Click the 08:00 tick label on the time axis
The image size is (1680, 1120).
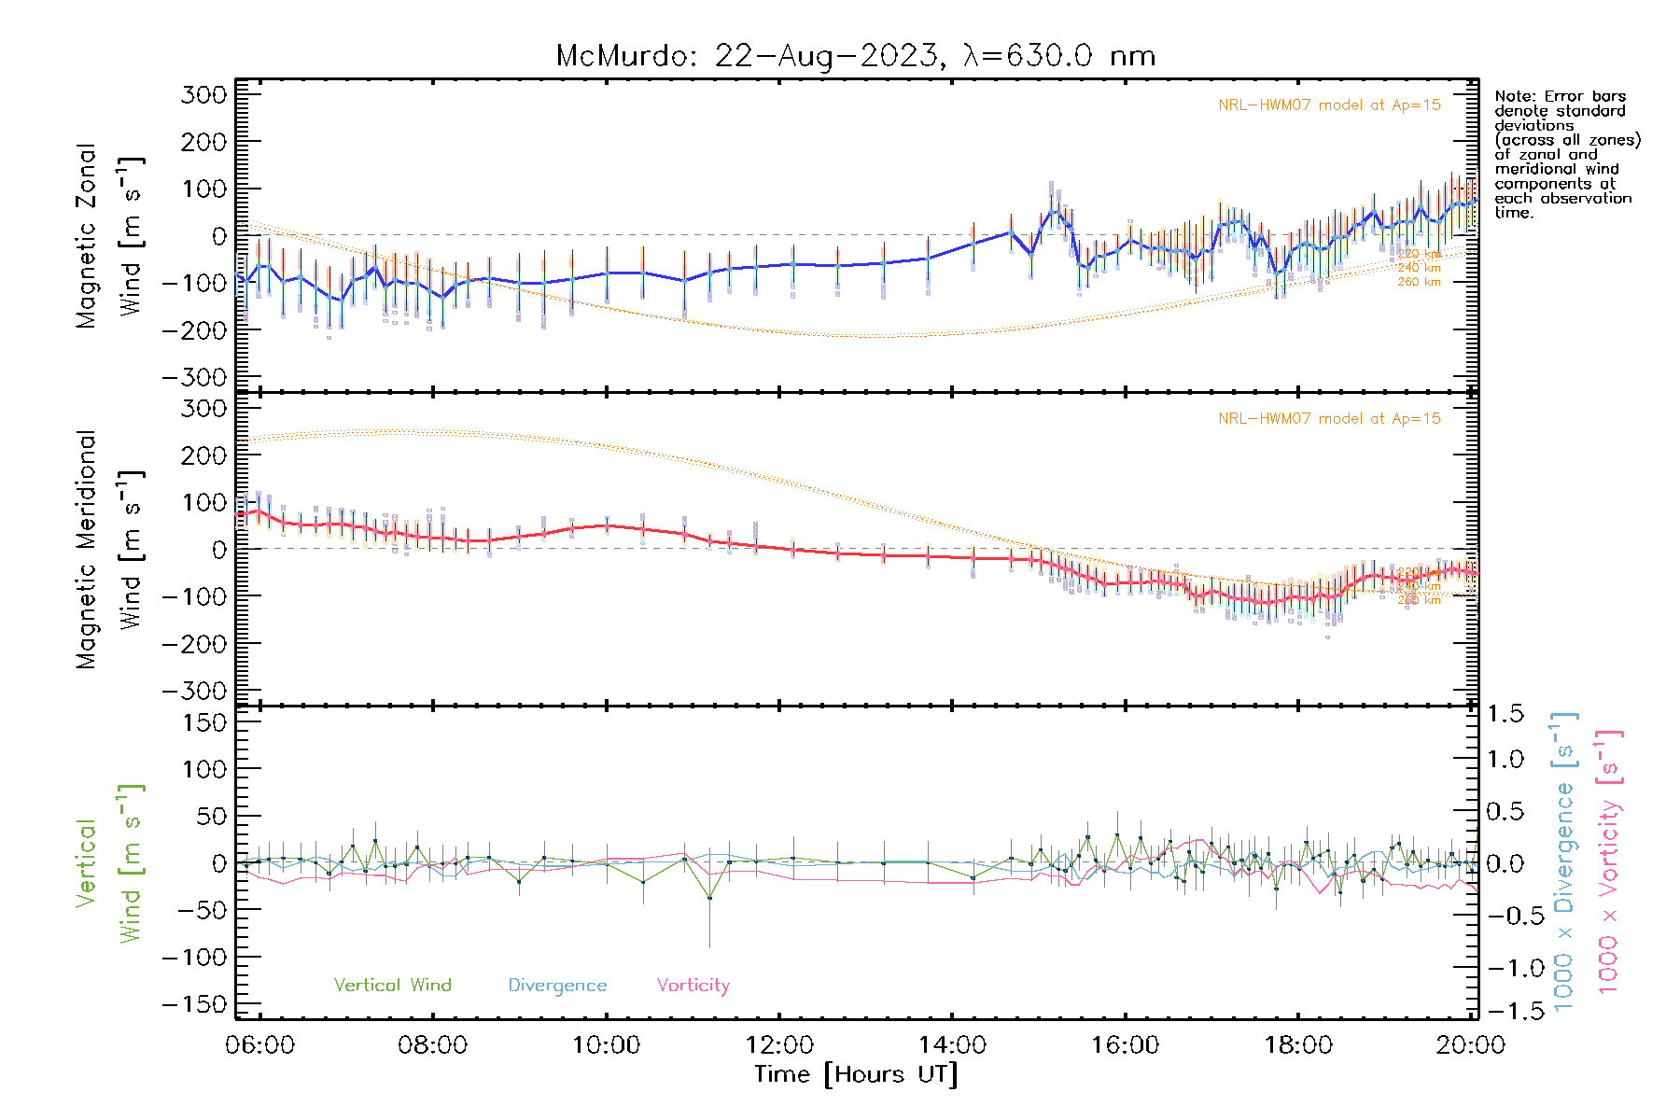tap(432, 1045)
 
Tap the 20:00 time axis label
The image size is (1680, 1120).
tap(1470, 1045)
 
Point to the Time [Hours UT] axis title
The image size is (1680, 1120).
tap(856, 1074)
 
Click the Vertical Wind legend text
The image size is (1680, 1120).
tap(392, 986)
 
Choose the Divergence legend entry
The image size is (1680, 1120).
tap(557, 986)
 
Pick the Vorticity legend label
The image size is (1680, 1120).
tap(693, 986)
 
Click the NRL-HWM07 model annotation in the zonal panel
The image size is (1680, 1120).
tap(1329, 105)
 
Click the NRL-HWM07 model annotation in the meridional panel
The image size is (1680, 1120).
tap(1329, 419)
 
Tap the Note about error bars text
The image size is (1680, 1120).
tap(1566, 154)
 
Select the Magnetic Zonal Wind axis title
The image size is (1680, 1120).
tap(110, 236)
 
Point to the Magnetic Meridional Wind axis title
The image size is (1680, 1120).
tap(110, 550)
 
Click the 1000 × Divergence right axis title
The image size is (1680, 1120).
tap(1563, 862)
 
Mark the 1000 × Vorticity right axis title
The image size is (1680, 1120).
tap(1608, 862)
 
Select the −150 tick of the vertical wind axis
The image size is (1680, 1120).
tap(194, 1004)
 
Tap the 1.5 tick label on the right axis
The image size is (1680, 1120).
tap(1505, 714)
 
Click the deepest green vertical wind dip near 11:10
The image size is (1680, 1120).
tap(709, 898)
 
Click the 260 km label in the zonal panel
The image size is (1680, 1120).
tap(1419, 282)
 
